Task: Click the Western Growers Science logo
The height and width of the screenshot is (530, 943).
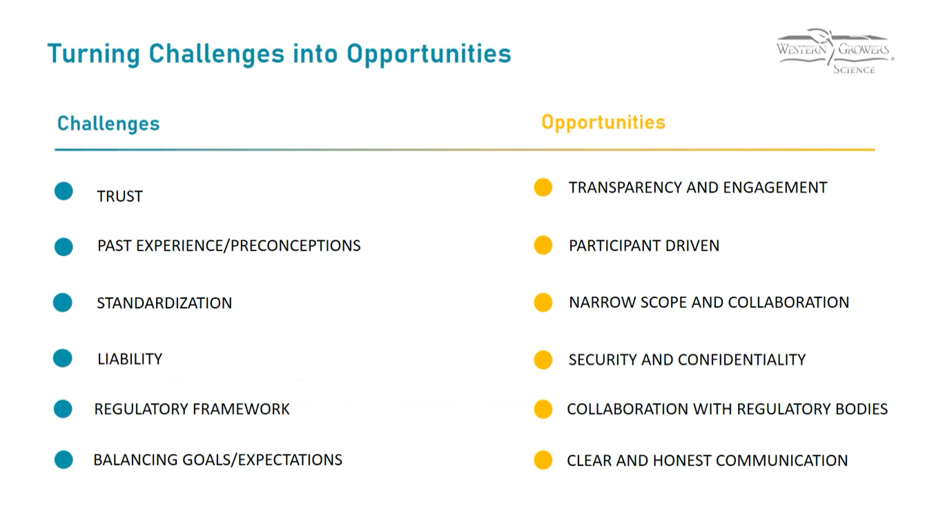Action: click(835, 51)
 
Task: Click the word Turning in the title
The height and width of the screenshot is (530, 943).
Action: click(94, 55)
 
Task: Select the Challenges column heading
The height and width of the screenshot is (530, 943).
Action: click(108, 124)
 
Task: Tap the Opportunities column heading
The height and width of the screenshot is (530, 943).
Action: click(603, 123)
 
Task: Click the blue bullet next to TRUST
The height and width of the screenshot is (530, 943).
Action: click(64, 191)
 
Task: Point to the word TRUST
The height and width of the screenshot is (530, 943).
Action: click(120, 196)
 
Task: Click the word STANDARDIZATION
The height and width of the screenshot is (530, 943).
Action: click(164, 303)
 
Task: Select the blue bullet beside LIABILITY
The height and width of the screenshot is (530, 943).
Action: click(63, 358)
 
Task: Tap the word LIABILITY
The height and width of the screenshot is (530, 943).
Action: click(130, 359)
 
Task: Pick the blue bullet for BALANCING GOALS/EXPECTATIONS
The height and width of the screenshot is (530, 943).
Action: click(64, 460)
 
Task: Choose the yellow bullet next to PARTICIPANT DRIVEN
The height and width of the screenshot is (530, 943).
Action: click(543, 245)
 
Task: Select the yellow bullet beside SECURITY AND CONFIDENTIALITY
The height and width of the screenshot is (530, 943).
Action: click(543, 360)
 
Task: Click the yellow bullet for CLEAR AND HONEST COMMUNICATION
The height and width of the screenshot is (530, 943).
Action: click(543, 460)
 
